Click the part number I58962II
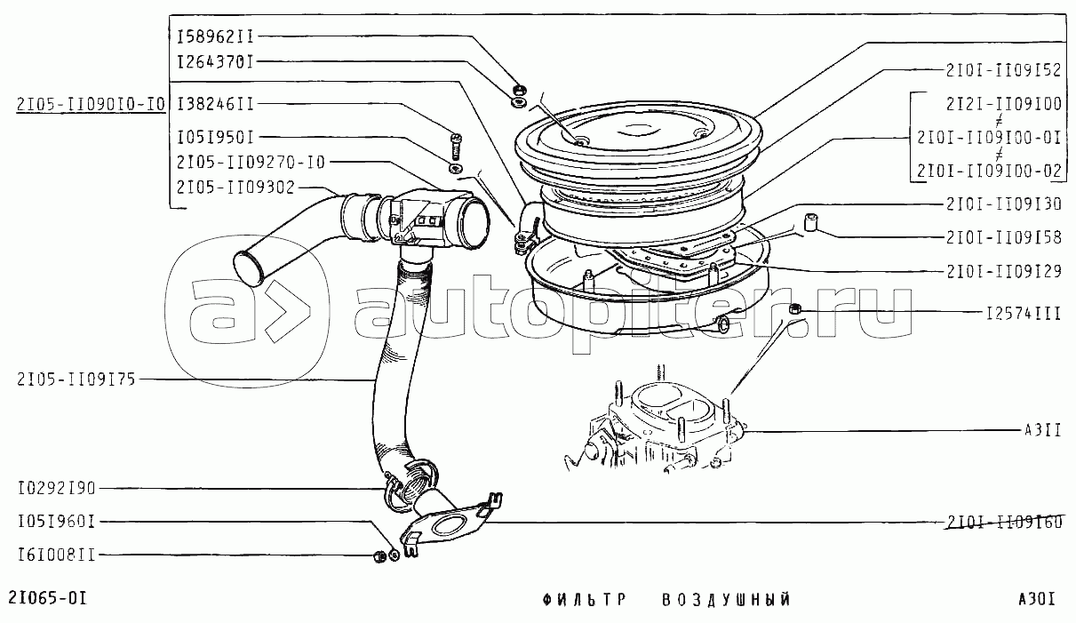215,36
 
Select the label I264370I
215,62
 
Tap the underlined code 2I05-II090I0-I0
91,104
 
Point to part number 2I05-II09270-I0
251,163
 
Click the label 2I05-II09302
235,188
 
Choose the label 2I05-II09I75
76,379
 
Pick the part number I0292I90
57,489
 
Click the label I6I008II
57,555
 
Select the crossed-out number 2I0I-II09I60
1004,522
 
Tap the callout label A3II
1042,430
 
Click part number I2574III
1024,314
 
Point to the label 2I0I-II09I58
1004,238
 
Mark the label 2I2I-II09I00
1004,104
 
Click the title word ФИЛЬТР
585,600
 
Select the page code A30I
1037,599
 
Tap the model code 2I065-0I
48,598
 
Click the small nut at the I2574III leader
794,309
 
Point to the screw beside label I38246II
456,147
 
